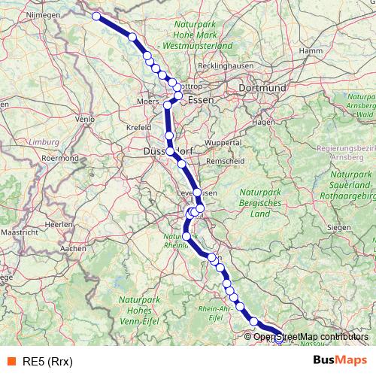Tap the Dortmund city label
coord(262,88)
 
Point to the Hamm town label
coord(310,50)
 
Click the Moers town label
coord(150,100)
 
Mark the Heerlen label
coord(56,224)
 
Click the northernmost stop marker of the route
coord(96,16)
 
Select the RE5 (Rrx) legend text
coord(47,359)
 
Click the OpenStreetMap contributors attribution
coord(311,336)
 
